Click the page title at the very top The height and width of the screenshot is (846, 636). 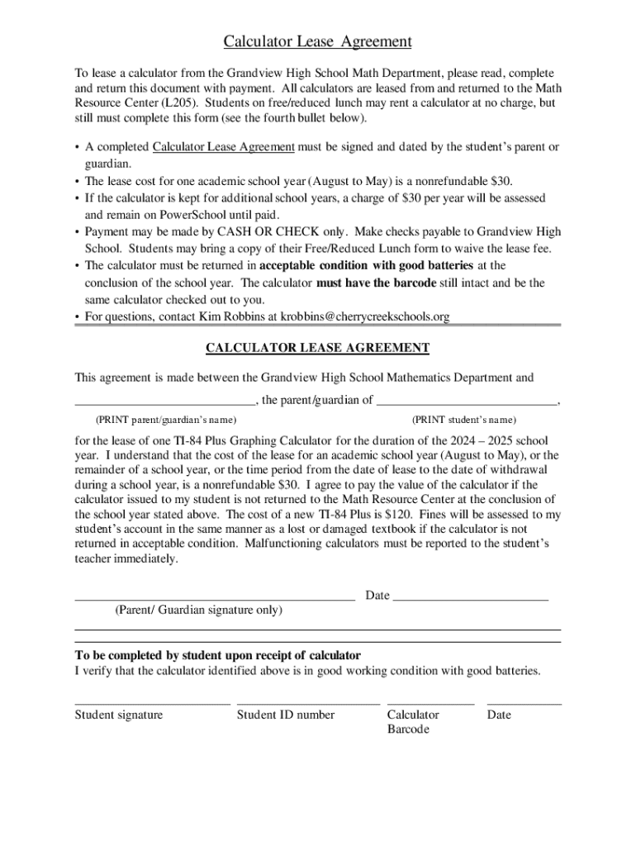coord(317,41)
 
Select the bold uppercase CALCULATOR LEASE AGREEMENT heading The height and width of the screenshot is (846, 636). coord(317,348)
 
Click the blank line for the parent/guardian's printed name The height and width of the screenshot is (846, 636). coord(165,402)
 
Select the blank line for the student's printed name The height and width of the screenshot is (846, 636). coord(467,402)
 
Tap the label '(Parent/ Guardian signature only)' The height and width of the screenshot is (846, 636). coord(198,611)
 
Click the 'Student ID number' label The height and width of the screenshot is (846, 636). coord(286,715)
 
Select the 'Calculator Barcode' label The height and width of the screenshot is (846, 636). coord(412,722)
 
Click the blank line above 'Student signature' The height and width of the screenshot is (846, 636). coord(152,703)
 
